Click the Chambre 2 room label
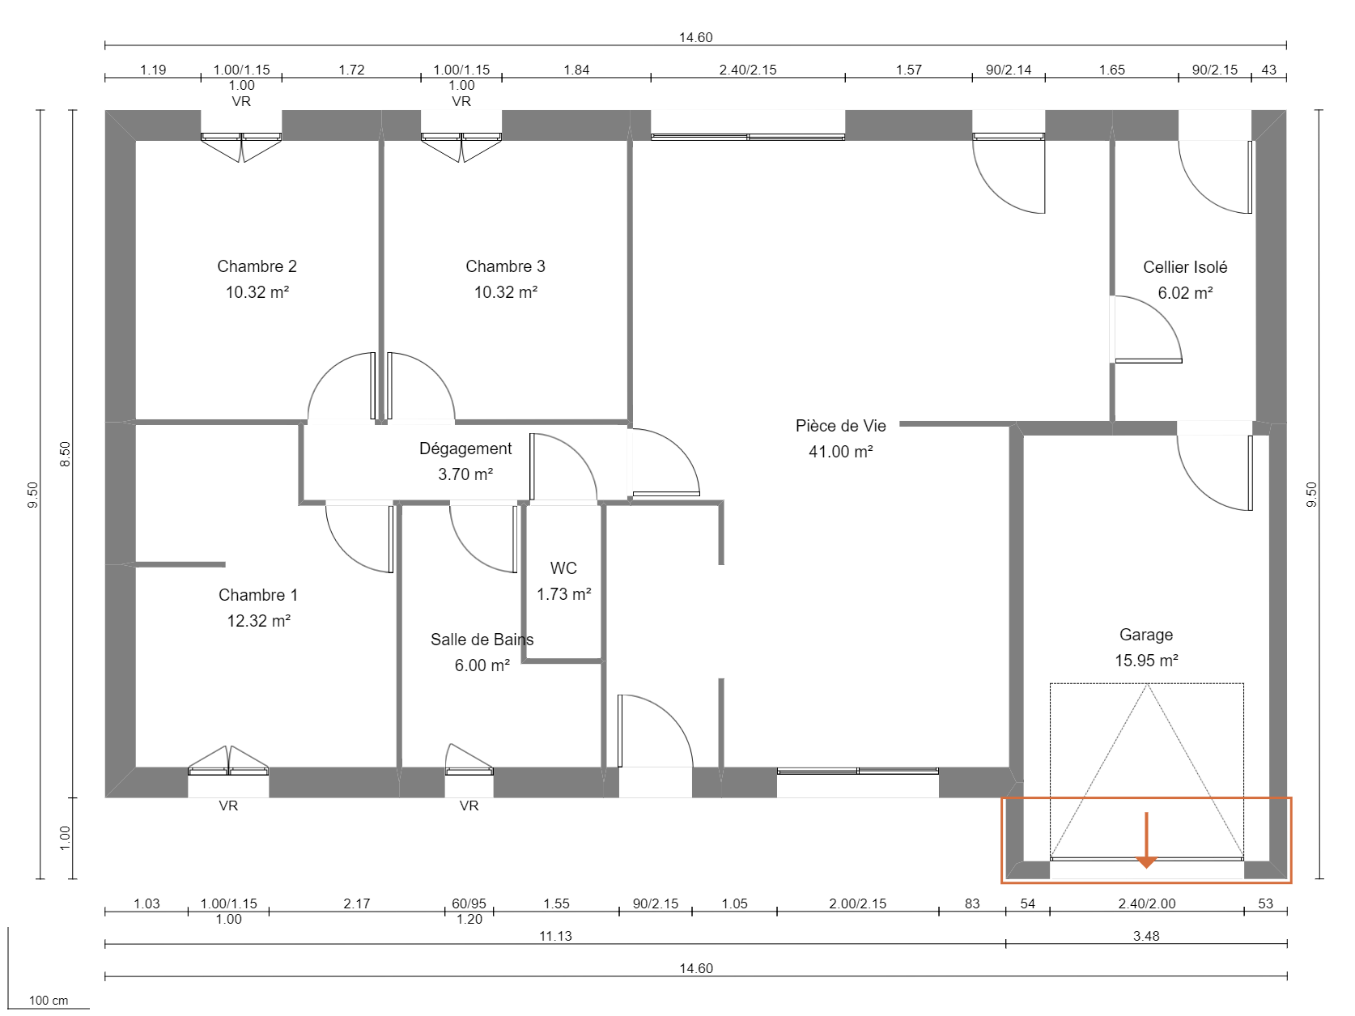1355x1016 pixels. (257, 266)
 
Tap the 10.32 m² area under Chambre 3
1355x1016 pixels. (505, 292)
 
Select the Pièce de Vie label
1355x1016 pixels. (840, 426)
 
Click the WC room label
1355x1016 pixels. (563, 568)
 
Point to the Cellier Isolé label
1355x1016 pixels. (1184, 267)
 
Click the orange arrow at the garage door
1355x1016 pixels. (1146, 842)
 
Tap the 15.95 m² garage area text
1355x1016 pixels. (1146, 661)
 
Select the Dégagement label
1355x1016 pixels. (465, 448)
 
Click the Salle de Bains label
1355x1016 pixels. (482, 640)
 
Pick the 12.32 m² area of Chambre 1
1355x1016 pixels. (258, 621)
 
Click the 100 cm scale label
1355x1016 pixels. (49, 1001)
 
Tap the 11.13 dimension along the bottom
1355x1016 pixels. (555, 936)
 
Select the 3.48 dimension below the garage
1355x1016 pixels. (1146, 936)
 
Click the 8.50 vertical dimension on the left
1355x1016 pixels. (66, 453)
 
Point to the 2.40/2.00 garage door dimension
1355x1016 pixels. (1146, 903)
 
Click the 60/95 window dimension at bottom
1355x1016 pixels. (469, 903)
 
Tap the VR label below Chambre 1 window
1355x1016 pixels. (228, 806)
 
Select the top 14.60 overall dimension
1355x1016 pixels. (695, 37)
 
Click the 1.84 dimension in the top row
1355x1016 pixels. (576, 70)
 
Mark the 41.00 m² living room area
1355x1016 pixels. (840, 452)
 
